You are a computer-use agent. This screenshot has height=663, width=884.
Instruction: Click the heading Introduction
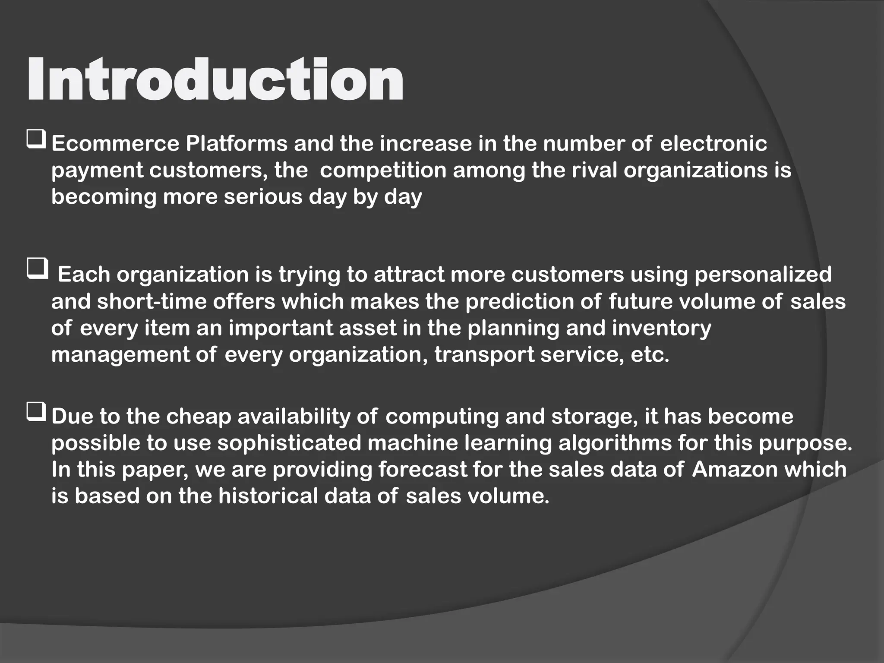[x=215, y=80]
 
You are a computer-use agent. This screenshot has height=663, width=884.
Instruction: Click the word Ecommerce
[x=115, y=144]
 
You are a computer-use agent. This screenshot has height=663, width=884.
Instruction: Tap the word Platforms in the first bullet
[x=237, y=144]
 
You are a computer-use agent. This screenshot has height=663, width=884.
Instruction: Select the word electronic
[x=714, y=144]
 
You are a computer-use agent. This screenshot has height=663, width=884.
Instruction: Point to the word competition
[x=383, y=170]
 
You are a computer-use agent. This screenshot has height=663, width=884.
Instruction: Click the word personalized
[x=763, y=275]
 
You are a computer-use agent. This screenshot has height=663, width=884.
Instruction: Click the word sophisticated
[x=289, y=444]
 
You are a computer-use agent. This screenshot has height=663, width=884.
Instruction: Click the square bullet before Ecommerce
[x=36, y=141]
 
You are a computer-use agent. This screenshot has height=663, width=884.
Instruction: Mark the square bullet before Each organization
[x=37, y=269]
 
